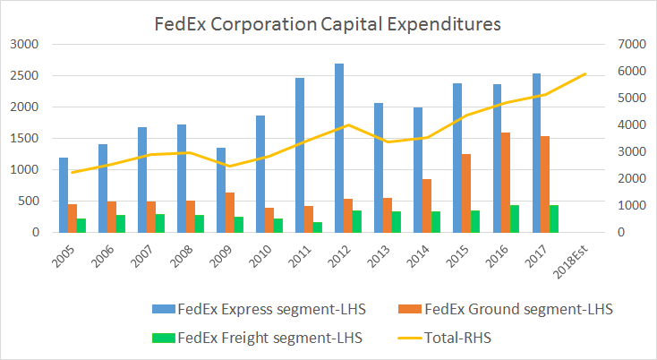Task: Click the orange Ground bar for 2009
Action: [x=230, y=212]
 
